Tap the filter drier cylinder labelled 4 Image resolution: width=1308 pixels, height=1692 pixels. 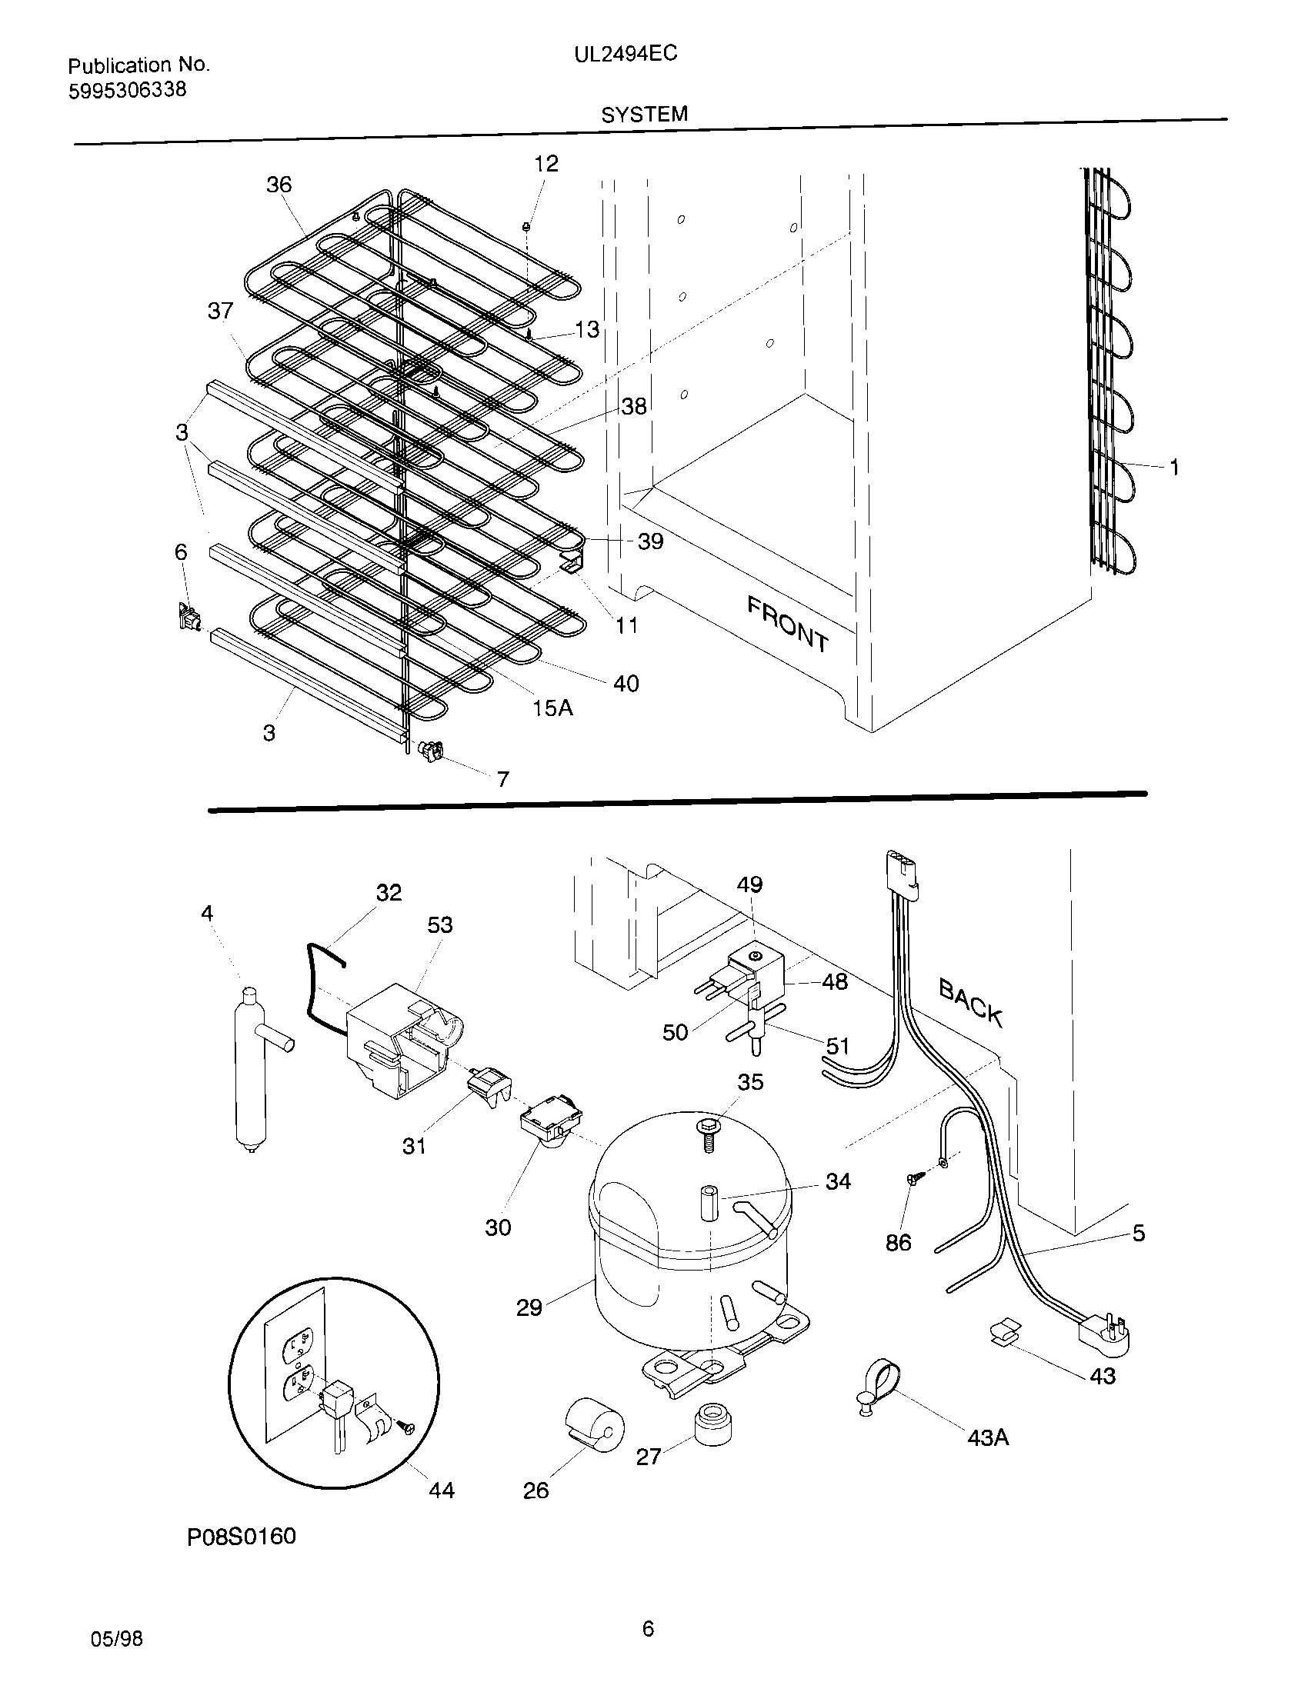(x=250, y=1073)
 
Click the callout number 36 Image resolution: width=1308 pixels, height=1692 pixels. (x=279, y=185)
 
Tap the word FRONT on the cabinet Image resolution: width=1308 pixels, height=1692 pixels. (x=787, y=623)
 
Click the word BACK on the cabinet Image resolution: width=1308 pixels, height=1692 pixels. (x=971, y=1001)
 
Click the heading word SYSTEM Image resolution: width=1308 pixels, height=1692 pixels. (x=644, y=115)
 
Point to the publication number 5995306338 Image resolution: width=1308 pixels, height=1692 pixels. (x=128, y=91)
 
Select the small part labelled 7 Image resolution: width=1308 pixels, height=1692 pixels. (x=431, y=749)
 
